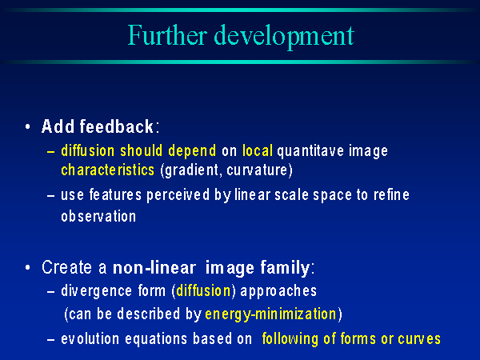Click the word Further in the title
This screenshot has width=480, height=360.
[167, 35]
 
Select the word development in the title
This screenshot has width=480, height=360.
[284, 37]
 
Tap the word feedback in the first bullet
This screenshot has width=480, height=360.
[116, 126]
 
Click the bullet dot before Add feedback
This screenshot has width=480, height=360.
[28, 126]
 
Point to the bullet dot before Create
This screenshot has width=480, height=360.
[28, 267]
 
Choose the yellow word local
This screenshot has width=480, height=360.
[258, 150]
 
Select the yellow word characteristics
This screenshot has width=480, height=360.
[107, 170]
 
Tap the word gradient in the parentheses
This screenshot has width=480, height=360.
[191, 171]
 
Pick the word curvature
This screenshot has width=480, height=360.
[257, 170]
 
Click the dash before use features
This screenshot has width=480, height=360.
[51, 196]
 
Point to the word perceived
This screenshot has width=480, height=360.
[178, 196]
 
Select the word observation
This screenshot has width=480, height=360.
[98, 216]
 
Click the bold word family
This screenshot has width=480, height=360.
[285, 268]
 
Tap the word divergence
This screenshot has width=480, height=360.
[97, 291]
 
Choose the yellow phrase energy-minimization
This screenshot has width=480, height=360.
[270, 314]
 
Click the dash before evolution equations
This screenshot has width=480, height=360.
[51, 339]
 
